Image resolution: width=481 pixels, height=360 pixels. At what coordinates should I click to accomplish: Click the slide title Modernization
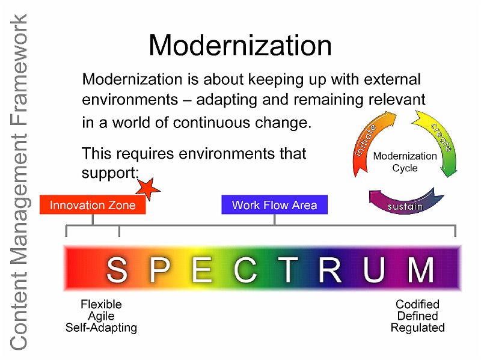click(240, 46)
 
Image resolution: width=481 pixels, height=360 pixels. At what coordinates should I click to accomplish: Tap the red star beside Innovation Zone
click(148, 188)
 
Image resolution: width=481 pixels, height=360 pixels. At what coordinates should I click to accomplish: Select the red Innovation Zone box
click(93, 204)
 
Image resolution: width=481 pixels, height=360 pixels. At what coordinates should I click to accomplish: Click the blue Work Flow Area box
click(275, 204)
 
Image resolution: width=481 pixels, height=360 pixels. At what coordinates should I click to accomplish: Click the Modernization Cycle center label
click(405, 162)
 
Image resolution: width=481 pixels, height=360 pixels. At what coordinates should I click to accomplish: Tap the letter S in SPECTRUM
click(117, 269)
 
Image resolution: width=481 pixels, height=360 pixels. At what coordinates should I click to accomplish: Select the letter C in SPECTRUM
click(245, 269)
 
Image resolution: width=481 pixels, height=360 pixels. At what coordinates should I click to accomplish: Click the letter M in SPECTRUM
click(420, 269)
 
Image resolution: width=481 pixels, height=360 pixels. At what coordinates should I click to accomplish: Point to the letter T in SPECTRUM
click(288, 269)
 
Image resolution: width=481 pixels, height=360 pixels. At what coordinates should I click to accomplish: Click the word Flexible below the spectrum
click(101, 304)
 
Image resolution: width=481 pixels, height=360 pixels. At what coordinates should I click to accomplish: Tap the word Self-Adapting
click(101, 328)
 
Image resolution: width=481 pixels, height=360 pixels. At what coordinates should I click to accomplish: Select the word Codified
click(417, 304)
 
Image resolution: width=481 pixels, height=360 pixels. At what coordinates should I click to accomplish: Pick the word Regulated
click(417, 328)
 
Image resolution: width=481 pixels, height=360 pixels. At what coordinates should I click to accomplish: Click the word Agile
click(101, 316)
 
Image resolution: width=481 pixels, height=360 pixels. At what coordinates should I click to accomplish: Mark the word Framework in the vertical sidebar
click(19, 69)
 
